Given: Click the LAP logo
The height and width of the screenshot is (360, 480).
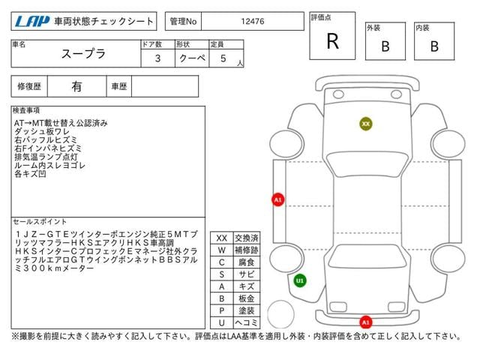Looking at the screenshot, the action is (32, 21).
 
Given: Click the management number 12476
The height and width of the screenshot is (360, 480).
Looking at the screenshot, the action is (253, 22).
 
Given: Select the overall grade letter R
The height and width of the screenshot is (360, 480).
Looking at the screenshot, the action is (333, 41).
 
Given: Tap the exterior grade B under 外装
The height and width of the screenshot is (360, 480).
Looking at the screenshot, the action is (385, 46).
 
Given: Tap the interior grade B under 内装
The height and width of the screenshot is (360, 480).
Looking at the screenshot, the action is (434, 46).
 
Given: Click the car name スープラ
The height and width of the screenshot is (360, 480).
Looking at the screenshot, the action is (83, 54).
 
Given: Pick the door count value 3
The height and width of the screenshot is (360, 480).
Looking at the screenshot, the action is (157, 58).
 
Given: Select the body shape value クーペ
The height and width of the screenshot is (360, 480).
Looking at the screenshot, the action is (192, 58).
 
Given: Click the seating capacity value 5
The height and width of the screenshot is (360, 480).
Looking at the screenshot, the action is (223, 58).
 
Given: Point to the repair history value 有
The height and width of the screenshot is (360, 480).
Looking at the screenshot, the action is (76, 87).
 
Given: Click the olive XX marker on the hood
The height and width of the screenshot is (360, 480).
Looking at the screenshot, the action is (366, 124).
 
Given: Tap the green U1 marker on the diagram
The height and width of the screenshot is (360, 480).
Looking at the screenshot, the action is (300, 280).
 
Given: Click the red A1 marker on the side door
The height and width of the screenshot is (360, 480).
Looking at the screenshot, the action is (278, 200).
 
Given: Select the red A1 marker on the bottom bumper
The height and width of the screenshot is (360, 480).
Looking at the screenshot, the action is (366, 322).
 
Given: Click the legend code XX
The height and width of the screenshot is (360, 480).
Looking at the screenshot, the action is (222, 238).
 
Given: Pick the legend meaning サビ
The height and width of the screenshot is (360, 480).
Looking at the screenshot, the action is (247, 274).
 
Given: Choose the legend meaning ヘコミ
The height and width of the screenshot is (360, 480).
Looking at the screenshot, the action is (247, 322).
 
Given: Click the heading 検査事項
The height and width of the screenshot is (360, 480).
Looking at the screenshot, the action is (26, 110).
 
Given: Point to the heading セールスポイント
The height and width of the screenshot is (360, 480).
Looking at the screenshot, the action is (40, 222).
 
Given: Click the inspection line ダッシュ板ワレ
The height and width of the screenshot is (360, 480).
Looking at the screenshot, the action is (42, 132).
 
